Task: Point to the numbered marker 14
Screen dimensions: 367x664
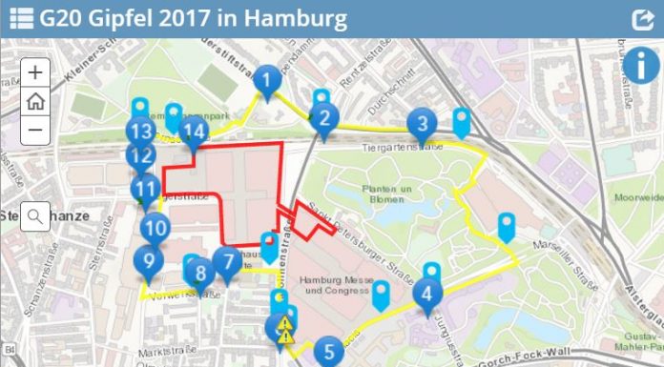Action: click(x=195, y=132)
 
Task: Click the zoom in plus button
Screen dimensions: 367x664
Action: click(x=35, y=71)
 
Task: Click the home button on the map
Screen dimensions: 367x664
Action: click(x=35, y=101)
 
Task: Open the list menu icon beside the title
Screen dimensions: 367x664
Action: click(x=21, y=19)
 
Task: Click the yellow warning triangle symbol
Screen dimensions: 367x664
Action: click(x=284, y=332)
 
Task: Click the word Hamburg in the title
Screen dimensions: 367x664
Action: click(x=294, y=19)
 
